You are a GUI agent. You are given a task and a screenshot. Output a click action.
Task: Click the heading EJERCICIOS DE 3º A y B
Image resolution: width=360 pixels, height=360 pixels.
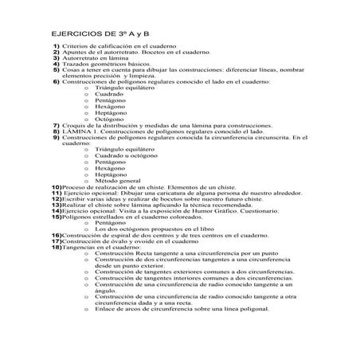click(x=95, y=35)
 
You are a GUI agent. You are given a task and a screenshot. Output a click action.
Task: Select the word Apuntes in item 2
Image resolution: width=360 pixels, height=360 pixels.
click(x=74, y=57)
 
